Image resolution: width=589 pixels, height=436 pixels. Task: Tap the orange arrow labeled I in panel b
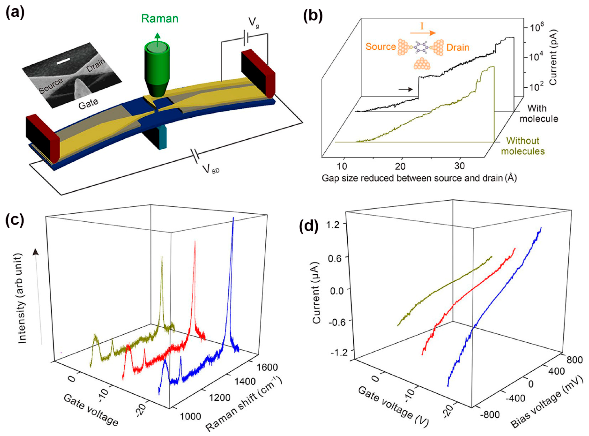point(422,33)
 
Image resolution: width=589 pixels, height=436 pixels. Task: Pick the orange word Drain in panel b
point(458,48)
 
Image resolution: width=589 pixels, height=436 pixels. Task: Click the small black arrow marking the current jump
point(405,90)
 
